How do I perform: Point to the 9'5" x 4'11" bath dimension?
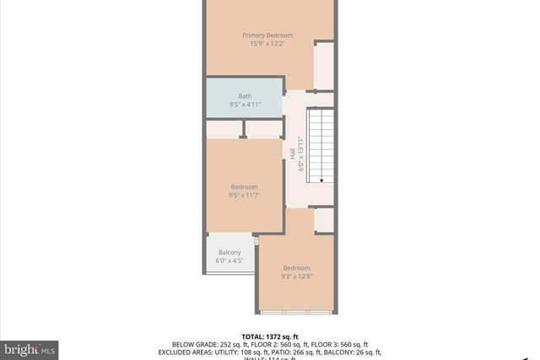(245, 105)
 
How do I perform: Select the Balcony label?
(229, 253)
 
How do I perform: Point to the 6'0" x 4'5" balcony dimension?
(229, 261)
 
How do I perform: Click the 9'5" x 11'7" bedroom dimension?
(244, 196)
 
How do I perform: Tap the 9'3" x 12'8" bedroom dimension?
(296, 277)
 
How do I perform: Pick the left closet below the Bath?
(224, 129)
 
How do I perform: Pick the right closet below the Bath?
(262, 129)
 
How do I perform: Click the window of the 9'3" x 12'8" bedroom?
(297, 313)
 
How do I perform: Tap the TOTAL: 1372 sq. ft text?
(270, 335)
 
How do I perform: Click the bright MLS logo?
(30, 348)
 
